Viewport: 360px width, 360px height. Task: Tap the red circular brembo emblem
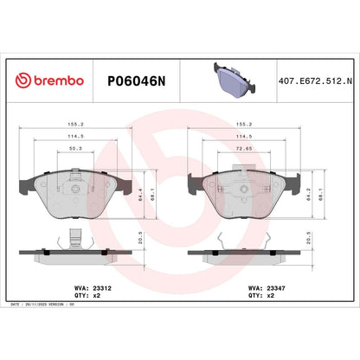tap(22, 80)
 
